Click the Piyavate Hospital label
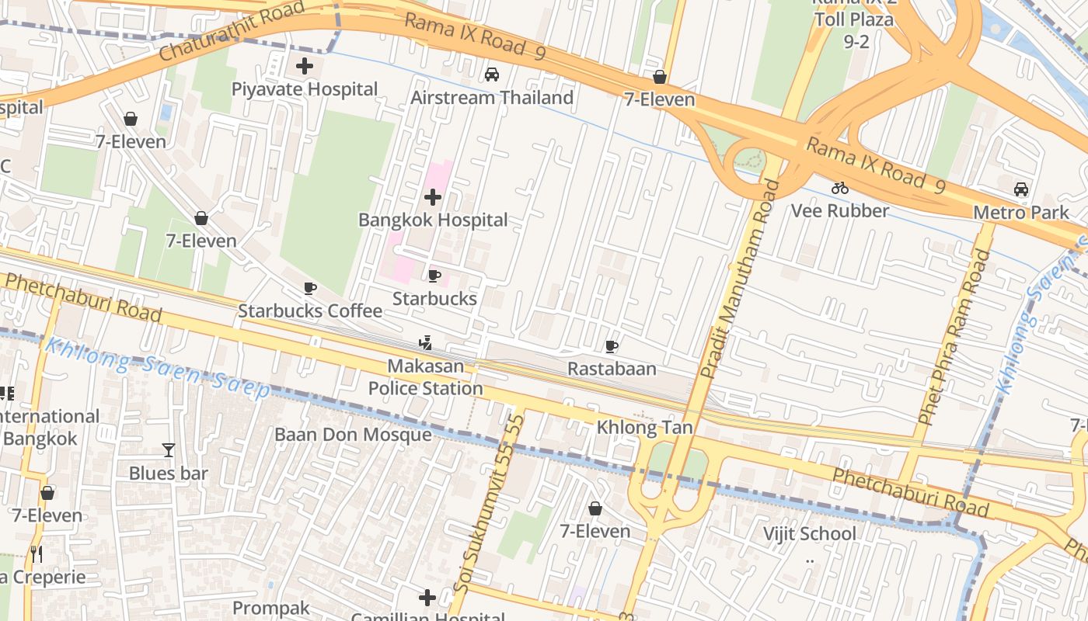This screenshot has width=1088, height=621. coord(305,89)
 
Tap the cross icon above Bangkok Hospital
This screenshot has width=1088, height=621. coord(433,197)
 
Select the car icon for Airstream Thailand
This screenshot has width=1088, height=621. coord(491,75)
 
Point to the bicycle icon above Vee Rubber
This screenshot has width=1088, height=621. coord(839,188)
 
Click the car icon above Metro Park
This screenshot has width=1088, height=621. coord(1021,189)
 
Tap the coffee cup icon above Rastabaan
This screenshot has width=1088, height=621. coord(612,346)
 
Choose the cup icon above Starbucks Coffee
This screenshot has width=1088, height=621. coord(310,289)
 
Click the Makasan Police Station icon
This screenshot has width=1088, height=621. coord(425,343)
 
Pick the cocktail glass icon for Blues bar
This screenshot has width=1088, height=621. coord(168,450)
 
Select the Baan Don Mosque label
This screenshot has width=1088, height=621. coord(353,434)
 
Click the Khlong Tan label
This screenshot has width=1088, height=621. coord(644,428)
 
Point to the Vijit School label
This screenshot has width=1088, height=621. coord(809,533)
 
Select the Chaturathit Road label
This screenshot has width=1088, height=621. coord(221,33)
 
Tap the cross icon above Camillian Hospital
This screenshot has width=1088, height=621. coord(427,598)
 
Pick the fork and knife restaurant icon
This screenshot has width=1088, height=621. coord(36,554)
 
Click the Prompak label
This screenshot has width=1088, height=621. coord(271,608)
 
